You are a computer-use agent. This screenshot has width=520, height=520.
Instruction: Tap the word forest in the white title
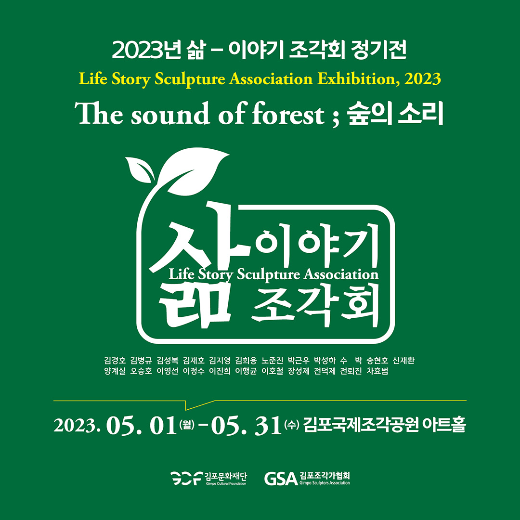[x=288, y=114]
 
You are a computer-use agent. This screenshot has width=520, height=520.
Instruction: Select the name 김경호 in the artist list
[x=115, y=360]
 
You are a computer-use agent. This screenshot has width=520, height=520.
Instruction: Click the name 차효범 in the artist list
[x=377, y=371]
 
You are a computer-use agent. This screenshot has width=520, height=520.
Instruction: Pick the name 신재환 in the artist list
[x=403, y=360]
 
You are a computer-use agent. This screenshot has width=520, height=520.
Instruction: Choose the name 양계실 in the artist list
[x=115, y=371]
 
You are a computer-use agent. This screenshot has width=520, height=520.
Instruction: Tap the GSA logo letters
[x=281, y=479]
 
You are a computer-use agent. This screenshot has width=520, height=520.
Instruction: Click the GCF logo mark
[x=186, y=478]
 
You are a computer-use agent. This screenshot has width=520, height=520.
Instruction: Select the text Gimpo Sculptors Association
[x=325, y=483]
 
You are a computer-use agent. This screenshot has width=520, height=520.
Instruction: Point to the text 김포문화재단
[x=225, y=476]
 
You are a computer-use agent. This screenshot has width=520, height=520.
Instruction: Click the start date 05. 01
[x=141, y=426]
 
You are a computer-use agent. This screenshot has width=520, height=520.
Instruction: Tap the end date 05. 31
[x=246, y=426]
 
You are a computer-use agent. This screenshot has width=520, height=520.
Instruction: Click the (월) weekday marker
[x=187, y=424]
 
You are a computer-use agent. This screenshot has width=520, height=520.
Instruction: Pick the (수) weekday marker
[x=291, y=424]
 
